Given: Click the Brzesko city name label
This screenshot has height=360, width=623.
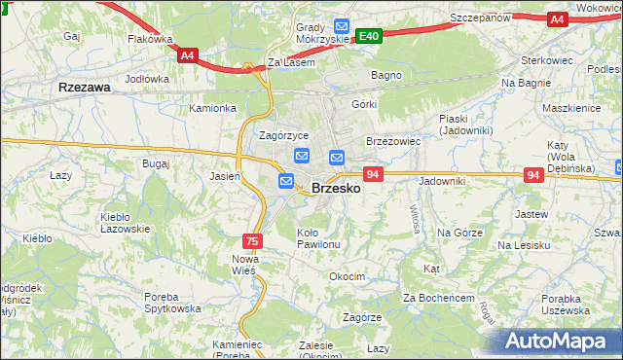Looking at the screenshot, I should [336, 189].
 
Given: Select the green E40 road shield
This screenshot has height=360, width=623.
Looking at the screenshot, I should [368, 36].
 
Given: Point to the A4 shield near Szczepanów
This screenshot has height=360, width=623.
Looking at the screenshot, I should [557, 18].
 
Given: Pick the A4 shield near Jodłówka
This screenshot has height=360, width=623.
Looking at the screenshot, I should [188, 55].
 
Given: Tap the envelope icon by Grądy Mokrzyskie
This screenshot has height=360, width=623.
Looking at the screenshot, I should [340, 25].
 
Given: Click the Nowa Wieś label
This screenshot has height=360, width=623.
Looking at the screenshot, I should [243, 264].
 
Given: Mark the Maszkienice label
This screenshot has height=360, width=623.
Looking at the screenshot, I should [572, 108].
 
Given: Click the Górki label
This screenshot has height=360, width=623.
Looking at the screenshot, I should [364, 103].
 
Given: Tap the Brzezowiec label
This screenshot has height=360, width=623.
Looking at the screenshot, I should [392, 141].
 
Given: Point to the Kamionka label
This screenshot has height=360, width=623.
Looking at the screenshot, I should [213, 108].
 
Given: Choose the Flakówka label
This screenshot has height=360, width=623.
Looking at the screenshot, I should [150, 40].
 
